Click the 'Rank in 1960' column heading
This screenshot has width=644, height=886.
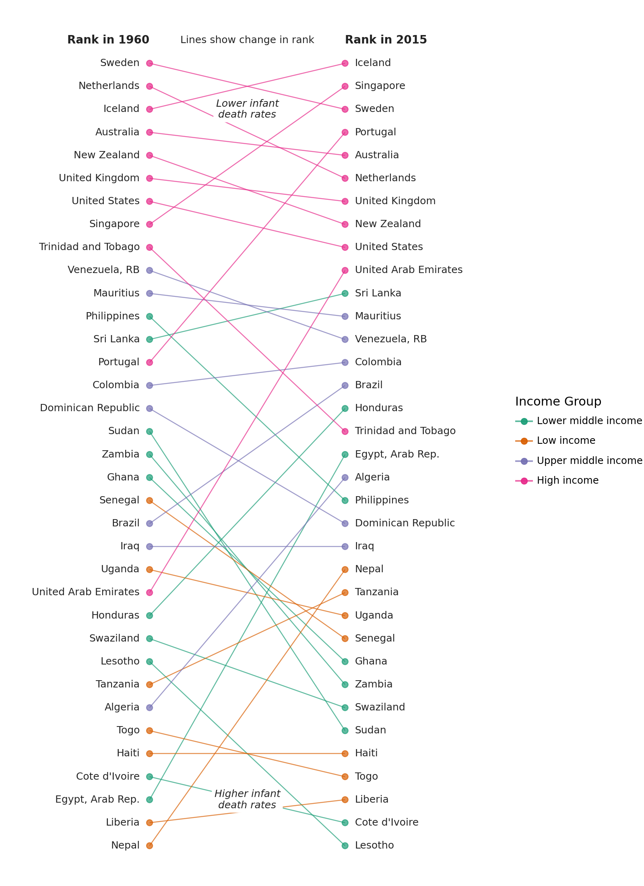(108, 40)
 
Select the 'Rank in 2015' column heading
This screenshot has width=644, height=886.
(386, 40)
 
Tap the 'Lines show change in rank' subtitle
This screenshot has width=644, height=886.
(247, 40)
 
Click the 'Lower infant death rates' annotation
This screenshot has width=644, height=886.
(247, 109)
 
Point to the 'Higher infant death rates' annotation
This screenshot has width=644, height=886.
(247, 799)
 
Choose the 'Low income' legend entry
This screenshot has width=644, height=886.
(566, 441)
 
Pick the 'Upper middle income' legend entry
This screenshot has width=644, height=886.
(589, 461)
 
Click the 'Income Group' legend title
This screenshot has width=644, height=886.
(558, 402)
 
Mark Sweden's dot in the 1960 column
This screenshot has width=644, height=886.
(149, 63)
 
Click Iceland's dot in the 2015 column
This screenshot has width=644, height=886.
(345, 63)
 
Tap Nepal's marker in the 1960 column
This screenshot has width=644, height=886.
(149, 846)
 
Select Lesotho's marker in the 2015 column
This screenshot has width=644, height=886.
(345, 846)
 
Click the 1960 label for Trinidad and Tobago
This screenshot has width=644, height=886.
(89, 247)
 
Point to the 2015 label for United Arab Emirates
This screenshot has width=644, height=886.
(409, 270)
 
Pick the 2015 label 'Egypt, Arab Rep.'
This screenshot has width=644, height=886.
(397, 454)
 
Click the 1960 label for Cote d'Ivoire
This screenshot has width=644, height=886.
(108, 776)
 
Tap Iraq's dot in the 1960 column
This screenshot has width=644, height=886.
(149, 547)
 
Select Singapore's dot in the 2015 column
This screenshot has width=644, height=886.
(345, 86)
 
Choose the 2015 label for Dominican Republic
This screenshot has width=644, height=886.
(405, 523)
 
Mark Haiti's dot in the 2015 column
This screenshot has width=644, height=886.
(345, 754)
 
